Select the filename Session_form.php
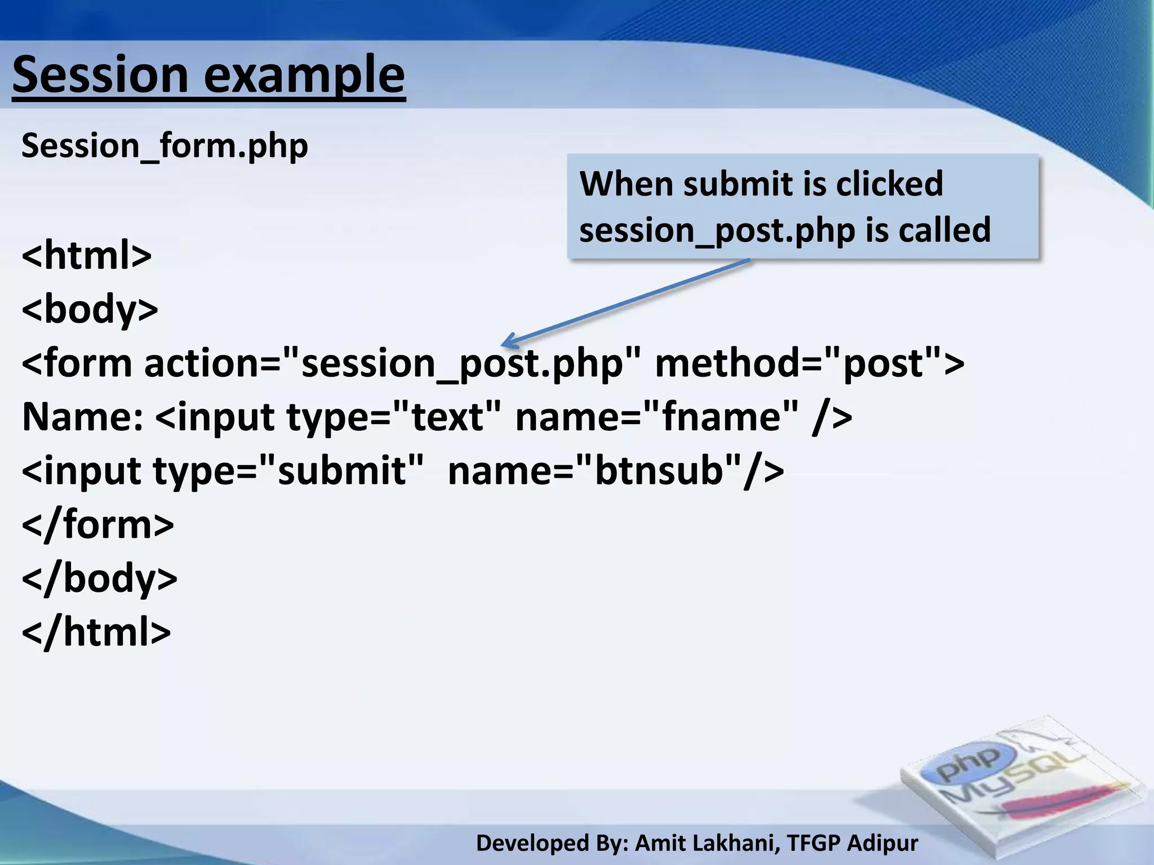(165, 146)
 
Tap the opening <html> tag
(86, 255)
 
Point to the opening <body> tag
(90, 309)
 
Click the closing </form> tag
(97, 524)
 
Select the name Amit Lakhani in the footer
(708, 843)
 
